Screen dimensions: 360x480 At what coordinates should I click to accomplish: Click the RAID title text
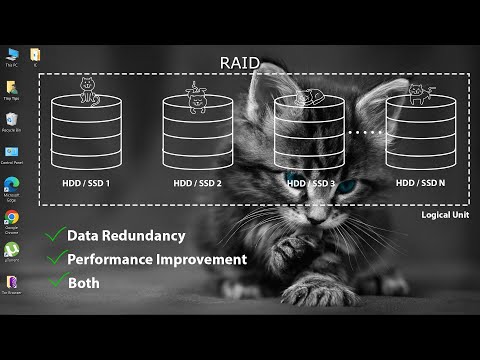(240, 63)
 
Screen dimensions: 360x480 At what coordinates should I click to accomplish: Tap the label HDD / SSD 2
(197, 183)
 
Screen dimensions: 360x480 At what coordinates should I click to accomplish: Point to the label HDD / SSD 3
(310, 183)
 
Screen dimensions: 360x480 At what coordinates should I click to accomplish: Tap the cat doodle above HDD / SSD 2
(198, 96)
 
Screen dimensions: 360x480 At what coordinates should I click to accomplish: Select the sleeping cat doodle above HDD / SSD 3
(309, 97)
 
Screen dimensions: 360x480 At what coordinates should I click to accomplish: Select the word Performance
(109, 259)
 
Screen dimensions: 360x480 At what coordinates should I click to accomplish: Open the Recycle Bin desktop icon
(12, 121)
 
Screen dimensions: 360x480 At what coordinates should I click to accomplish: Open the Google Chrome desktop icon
(12, 217)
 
